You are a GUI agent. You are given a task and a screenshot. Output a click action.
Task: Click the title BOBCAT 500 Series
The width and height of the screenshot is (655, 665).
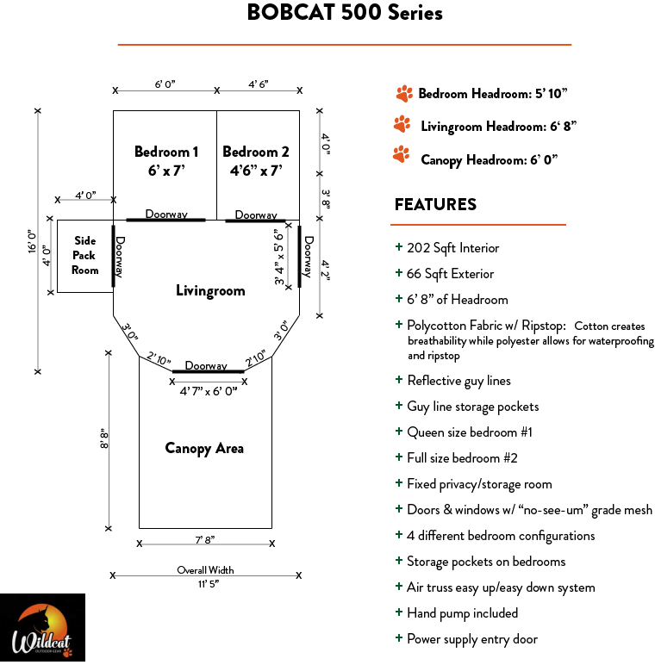pyautogui.click(x=344, y=13)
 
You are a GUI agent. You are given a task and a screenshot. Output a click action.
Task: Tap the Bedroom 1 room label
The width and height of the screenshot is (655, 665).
pyautogui.click(x=166, y=160)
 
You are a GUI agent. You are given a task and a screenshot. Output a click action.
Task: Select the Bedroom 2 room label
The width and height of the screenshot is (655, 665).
pyautogui.click(x=256, y=160)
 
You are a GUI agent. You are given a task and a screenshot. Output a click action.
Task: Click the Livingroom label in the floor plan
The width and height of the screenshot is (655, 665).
pyautogui.click(x=210, y=291)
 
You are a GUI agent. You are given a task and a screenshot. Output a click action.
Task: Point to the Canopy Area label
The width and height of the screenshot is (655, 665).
pyautogui.click(x=204, y=448)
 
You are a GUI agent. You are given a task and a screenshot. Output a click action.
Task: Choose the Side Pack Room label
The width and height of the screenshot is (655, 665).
pyautogui.click(x=84, y=255)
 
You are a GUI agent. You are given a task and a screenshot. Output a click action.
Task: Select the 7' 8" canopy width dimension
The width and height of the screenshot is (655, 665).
pyautogui.click(x=205, y=540)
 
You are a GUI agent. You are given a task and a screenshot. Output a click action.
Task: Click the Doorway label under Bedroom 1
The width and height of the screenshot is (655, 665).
pyautogui.click(x=166, y=214)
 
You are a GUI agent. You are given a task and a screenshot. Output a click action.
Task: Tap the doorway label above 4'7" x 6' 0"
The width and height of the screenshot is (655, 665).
pyautogui.click(x=206, y=366)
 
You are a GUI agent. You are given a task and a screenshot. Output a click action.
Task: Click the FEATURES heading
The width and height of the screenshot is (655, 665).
pyautogui.click(x=435, y=205)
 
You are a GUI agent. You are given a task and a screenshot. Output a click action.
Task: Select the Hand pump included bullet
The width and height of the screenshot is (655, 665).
pyautogui.click(x=462, y=613)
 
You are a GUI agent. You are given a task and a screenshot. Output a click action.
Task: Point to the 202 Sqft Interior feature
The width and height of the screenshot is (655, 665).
pyautogui.click(x=452, y=248)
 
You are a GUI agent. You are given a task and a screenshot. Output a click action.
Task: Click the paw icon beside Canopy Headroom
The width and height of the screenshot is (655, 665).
pyautogui.click(x=401, y=155)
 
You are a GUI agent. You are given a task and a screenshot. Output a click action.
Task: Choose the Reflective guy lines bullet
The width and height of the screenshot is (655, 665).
pyautogui.click(x=458, y=381)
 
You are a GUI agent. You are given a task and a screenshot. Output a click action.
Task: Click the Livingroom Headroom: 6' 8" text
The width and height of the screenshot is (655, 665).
pyautogui.click(x=498, y=127)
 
